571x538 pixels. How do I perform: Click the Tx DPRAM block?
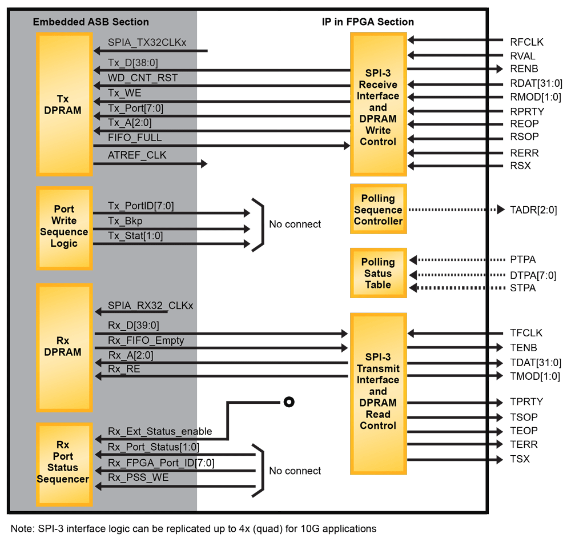tap(63, 105)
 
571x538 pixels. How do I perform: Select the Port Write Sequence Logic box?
tap(63, 227)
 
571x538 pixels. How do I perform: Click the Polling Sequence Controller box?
tap(378, 210)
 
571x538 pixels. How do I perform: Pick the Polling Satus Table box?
tap(378, 273)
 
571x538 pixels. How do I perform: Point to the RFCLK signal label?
tap(526, 42)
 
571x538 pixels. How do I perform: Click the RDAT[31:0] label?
tap(536, 83)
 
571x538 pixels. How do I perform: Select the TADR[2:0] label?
tap(533, 210)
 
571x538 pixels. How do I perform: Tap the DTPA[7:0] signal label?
tap(533, 275)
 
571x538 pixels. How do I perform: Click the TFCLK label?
tap(526, 333)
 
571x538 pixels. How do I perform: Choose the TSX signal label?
tap(520, 459)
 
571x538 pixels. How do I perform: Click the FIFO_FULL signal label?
tap(135, 138)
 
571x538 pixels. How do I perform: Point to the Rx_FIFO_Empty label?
tap(146, 340)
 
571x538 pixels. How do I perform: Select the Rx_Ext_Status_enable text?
tap(160, 432)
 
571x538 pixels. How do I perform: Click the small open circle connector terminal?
tap(289, 402)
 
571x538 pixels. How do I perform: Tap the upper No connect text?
tap(295, 224)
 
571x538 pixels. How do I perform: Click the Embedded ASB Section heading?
tap(91, 22)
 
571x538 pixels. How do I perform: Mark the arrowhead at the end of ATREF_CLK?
tap(203, 164)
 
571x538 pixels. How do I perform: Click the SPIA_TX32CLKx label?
tap(147, 43)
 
